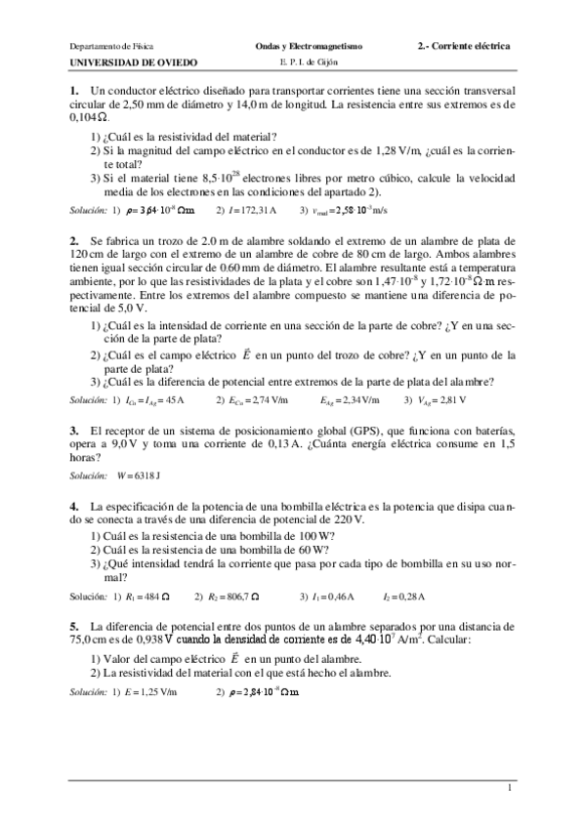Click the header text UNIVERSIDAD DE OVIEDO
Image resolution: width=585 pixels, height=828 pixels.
click(x=134, y=62)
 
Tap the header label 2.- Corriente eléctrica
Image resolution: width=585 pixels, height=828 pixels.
click(x=463, y=46)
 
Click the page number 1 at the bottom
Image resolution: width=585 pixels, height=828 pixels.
click(x=509, y=787)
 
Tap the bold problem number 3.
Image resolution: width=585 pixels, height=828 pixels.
click(x=74, y=431)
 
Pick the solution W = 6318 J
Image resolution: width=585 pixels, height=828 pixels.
click(x=138, y=476)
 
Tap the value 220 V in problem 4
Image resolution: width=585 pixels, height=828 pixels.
click(x=346, y=521)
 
